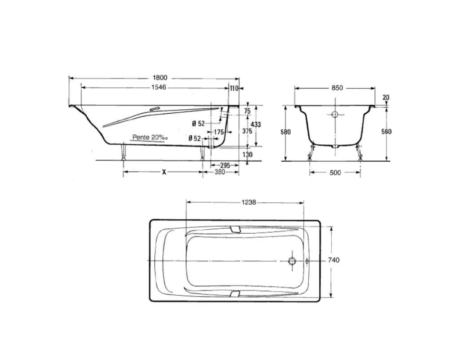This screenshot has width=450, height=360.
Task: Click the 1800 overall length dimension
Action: tap(160, 78)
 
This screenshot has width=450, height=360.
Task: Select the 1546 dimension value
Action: tap(159, 87)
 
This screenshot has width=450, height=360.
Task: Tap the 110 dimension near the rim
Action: tap(234, 88)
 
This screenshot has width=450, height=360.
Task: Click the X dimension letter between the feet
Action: tap(164, 172)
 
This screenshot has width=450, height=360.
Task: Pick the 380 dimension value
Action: tap(220, 172)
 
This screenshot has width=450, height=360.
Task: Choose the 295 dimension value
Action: tap(225, 165)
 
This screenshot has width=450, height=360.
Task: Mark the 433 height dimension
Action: tap(256, 124)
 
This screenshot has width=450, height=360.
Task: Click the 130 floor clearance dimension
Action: tap(247, 155)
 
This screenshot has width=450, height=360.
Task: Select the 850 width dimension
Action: tap(337, 88)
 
